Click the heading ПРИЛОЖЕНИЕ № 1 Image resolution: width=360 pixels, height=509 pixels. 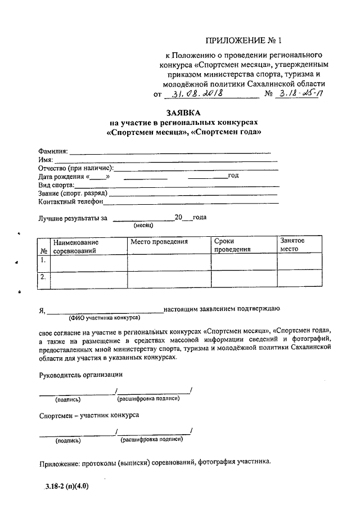(x=243, y=40)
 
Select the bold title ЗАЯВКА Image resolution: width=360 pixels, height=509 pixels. (x=183, y=112)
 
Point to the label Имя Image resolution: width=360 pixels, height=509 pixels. (x=46, y=160)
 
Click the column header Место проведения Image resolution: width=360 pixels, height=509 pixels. (x=159, y=241)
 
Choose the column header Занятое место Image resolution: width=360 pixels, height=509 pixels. (x=292, y=245)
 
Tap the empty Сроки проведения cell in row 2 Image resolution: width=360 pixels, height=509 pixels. (x=244, y=280)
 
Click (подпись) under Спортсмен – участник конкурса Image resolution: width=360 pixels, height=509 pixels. (x=67, y=440)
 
